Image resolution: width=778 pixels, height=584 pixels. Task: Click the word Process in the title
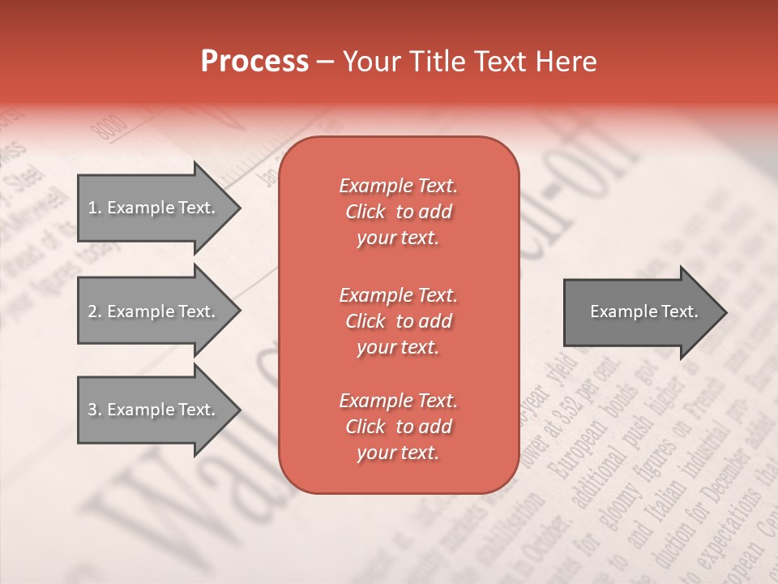tap(254, 62)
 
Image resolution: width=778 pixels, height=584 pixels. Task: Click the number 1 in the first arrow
tap(92, 208)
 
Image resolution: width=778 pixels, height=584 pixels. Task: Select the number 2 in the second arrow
tap(92, 311)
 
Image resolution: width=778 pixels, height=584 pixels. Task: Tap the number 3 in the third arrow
tap(92, 410)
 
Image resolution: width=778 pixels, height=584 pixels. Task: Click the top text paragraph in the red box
tap(398, 212)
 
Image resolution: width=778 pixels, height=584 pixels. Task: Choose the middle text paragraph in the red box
tap(398, 320)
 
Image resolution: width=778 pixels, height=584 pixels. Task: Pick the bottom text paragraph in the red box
tap(398, 427)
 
